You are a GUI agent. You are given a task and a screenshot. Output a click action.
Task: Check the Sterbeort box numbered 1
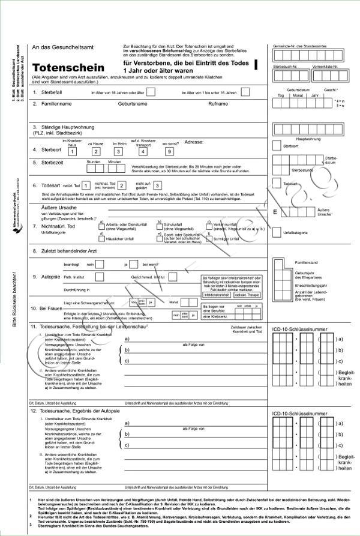pos(72,151)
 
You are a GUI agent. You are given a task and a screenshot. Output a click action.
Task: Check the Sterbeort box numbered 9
pos(169,151)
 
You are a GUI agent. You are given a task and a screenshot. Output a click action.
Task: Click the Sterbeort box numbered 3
pos(119,151)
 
